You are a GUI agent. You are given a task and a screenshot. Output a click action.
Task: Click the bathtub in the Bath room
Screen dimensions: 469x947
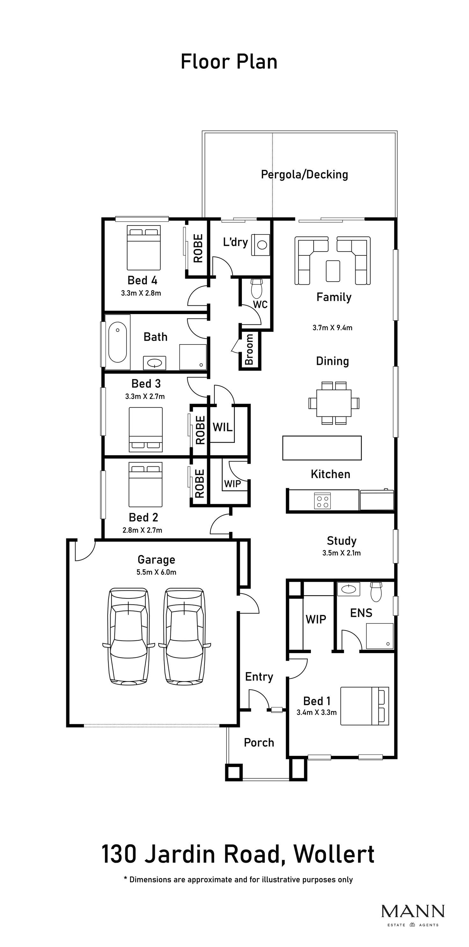click(118, 342)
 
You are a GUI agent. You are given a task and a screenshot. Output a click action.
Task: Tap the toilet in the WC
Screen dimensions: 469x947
click(256, 289)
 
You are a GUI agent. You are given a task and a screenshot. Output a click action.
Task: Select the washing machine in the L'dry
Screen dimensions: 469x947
click(261, 245)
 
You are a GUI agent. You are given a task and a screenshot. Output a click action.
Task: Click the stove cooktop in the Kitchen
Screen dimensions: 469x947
click(322, 501)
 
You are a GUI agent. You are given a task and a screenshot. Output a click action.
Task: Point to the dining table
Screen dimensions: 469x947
click(334, 403)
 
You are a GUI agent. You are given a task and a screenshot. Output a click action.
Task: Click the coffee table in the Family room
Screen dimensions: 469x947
click(333, 271)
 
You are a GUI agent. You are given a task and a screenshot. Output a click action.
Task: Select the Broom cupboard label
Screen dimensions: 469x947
click(249, 349)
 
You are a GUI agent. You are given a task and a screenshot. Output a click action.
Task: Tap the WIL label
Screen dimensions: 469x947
click(223, 427)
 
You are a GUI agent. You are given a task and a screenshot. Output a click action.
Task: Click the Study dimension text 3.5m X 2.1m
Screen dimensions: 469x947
click(341, 553)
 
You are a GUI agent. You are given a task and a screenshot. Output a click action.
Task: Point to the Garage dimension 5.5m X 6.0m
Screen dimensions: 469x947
click(156, 572)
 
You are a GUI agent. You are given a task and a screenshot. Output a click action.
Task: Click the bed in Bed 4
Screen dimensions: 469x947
click(144, 248)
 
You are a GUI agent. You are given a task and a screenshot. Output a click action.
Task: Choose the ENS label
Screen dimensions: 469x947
click(361, 613)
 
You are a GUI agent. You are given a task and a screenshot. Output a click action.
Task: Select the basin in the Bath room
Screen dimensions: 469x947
click(154, 363)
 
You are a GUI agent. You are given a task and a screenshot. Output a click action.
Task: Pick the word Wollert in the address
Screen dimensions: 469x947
click(334, 855)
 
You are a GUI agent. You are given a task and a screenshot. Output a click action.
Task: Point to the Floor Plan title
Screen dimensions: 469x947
click(229, 62)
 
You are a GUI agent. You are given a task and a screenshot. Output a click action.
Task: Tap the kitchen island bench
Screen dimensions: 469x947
click(322, 448)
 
